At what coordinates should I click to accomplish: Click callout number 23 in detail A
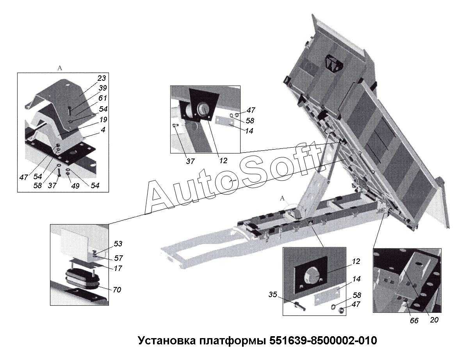tap(102, 78)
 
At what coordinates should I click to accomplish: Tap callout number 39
tap(103, 88)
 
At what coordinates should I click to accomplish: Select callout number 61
tap(103, 98)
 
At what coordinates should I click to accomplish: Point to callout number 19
tap(103, 119)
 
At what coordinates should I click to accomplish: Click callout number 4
tap(103, 130)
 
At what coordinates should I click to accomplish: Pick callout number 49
tap(75, 185)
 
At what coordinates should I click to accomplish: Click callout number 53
tap(118, 244)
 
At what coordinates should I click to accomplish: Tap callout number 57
tap(118, 258)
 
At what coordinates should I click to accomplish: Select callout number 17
tap(118, 268)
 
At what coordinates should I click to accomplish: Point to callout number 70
tap(117, 289)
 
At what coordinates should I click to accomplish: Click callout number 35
tap(273, 294)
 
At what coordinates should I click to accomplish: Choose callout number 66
tap(414, 321)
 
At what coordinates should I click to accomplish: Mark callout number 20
tap(434, 320)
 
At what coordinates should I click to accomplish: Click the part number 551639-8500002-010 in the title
tap(323, 340)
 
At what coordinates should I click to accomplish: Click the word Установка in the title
tap(167, 340)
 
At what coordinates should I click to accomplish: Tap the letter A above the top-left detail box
tap(60, 68)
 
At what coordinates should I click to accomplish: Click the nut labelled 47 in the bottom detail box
tap(341, 310)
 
